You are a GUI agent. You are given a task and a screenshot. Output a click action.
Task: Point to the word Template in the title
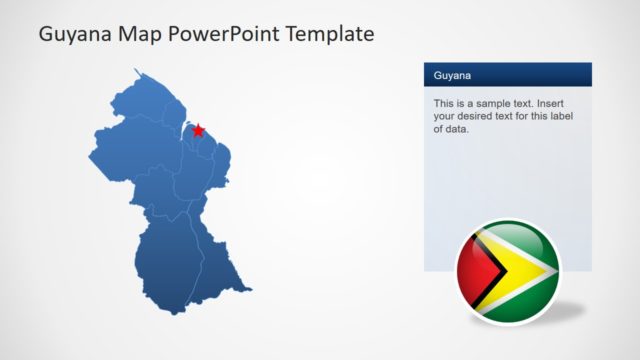click(329, 35)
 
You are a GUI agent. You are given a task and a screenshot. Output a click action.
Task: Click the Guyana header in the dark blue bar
click(453, 75)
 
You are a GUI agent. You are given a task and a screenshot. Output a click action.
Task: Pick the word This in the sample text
click(445, 104)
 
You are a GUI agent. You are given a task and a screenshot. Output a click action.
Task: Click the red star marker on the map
click(198, 130)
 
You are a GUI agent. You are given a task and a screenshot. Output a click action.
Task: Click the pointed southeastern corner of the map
click(250, 292)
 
